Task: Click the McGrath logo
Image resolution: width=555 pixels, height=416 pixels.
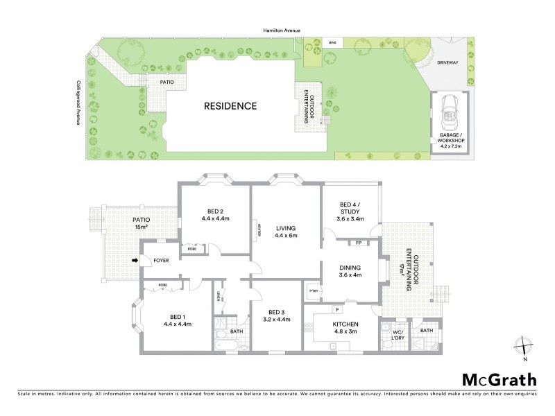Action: point(499,379)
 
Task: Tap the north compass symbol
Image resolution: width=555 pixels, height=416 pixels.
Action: point(525,347)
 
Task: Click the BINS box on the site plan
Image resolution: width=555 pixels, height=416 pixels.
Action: point(334,43)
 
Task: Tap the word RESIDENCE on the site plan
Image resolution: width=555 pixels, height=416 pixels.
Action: point(230,106)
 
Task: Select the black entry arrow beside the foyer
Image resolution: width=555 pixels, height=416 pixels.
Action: point(135,261)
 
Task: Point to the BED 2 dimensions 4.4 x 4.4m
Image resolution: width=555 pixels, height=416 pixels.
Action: point(216,218)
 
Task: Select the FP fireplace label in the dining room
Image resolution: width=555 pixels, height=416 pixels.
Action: point(358,243)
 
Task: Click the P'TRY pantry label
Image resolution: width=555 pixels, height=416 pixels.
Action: point(314,290)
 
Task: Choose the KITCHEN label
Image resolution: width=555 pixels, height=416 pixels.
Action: point(345,324)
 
